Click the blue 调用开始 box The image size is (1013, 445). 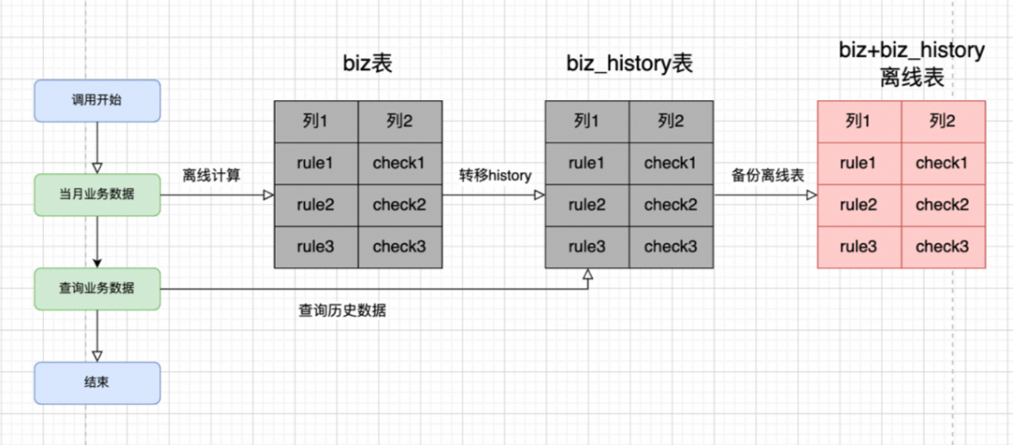[97, 100]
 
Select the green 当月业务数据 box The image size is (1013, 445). [97, 195]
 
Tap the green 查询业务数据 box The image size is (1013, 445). [97, 289]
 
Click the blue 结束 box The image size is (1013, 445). [97, 382]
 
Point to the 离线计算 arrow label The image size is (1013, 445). [212, 175]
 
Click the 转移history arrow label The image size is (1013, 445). [494, 175]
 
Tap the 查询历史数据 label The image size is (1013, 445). [341, 311]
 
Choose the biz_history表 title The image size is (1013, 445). [629, 64]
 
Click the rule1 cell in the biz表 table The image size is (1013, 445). [315, 163]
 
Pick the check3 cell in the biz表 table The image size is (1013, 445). [400, 246]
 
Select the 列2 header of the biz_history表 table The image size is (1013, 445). [671, 121]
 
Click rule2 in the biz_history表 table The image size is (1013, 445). [587, 205]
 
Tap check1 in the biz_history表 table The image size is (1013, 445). [671, 163]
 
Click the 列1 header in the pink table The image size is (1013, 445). [858, 121]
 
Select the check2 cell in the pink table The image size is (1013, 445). [942, 205]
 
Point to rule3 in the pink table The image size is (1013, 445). [858, 246]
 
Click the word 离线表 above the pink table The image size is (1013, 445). [911, 78]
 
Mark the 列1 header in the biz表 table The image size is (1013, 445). [315, 121]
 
